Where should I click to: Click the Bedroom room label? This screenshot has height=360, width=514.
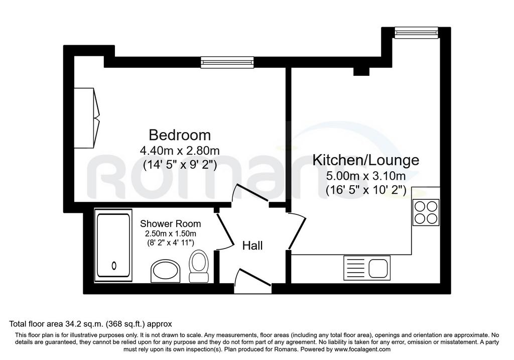(180, 135)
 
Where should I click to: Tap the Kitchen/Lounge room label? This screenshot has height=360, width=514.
(366, 160)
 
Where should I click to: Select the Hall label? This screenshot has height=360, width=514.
(252, 246)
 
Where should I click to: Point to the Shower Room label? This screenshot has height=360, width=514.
(171, 224)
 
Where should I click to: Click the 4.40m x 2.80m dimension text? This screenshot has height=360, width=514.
(180, 151)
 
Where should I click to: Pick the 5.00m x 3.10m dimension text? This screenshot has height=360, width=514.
(366, 176)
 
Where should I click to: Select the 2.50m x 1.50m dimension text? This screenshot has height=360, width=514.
(171, 234)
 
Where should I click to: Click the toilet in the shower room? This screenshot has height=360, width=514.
(199, 266)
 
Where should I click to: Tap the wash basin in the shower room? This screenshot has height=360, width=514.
(166, 271)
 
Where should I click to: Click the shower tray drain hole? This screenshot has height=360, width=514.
(114, 265)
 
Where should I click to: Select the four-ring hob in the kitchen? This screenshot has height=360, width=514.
(426, 212)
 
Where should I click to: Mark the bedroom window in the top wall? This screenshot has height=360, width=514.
(227, 62)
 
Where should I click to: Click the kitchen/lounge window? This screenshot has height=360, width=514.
(417, 33)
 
